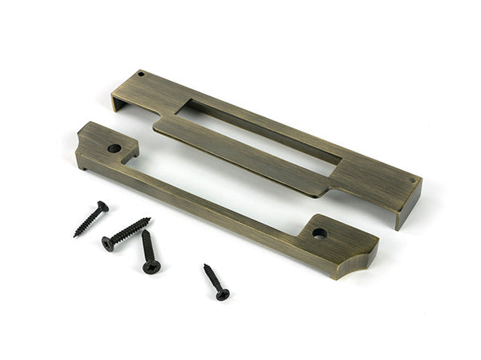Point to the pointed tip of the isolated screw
[x=204, y=265]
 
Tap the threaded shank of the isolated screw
[x=213, y=280]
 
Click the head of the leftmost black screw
[x=103, y=206]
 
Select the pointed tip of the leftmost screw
[x=75, y=237]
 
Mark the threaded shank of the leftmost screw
[x=89, y=221]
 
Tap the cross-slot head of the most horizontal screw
[x=107, y=243]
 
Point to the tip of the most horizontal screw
[x=150, y=219]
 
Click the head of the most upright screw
[x=151, y=266]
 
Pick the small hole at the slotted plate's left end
[x=142, y=75]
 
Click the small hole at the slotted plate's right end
[x=413, y=181]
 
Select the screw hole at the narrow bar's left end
[x=114, y=148]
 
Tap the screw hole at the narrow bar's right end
[x=320, y=233]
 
